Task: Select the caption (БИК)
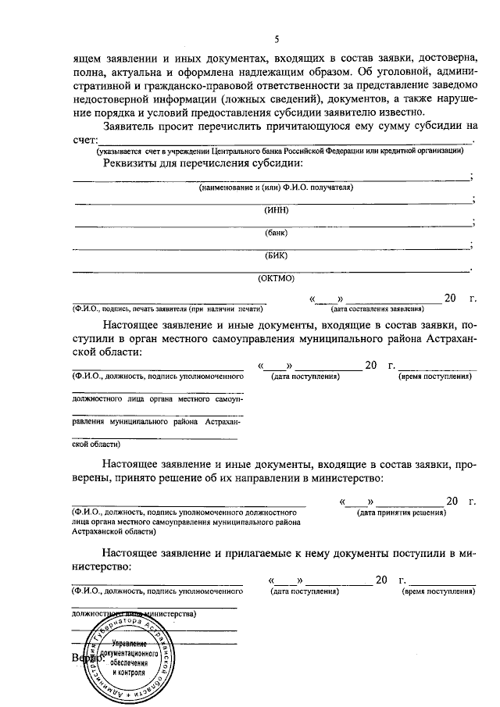tap(273, 255)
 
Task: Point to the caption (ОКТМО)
tap(273, 277)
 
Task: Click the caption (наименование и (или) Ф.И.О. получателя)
tap(273, 187)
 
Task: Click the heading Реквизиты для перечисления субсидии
tap(202, 163)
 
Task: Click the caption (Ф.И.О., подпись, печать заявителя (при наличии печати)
tap(166, 309)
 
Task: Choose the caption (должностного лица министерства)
tap(133, 614)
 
